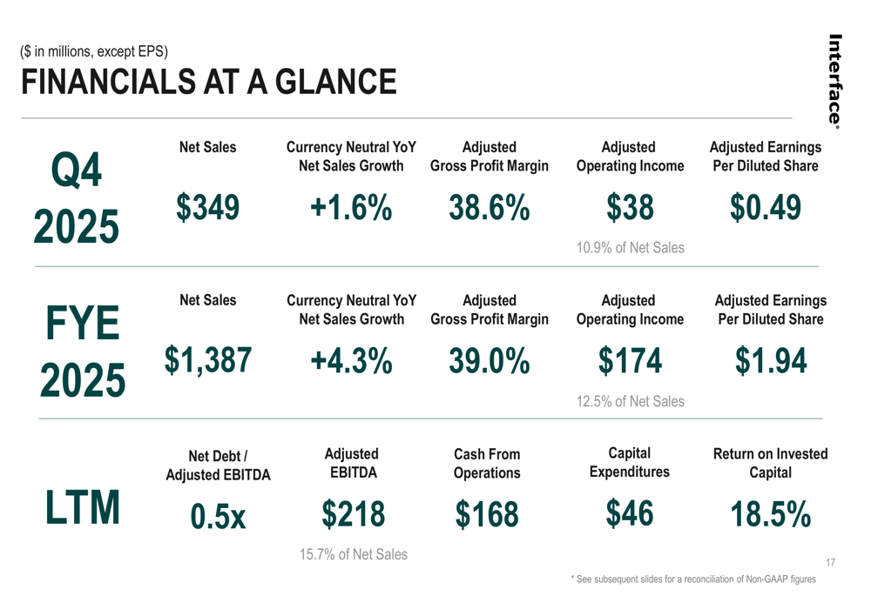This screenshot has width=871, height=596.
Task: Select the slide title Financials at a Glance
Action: pos(208,83)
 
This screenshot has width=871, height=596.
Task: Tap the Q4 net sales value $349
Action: pos(207,208)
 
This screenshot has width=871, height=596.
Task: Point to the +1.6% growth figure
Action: pos(351,209)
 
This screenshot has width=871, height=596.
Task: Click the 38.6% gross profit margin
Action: pos(490,209)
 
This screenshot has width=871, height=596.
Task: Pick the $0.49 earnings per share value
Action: pos(766,208)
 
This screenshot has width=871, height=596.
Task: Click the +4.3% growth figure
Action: pos(351,360)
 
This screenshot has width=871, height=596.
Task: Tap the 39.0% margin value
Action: pos(490,360)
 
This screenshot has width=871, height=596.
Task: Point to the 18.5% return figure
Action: pos(770,514)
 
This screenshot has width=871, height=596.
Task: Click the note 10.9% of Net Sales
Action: pos(630,249)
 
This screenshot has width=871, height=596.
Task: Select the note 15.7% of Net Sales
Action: pos(353,554)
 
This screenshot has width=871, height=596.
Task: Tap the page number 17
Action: pos(829,563)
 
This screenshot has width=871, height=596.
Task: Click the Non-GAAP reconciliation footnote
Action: pos(692,579)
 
